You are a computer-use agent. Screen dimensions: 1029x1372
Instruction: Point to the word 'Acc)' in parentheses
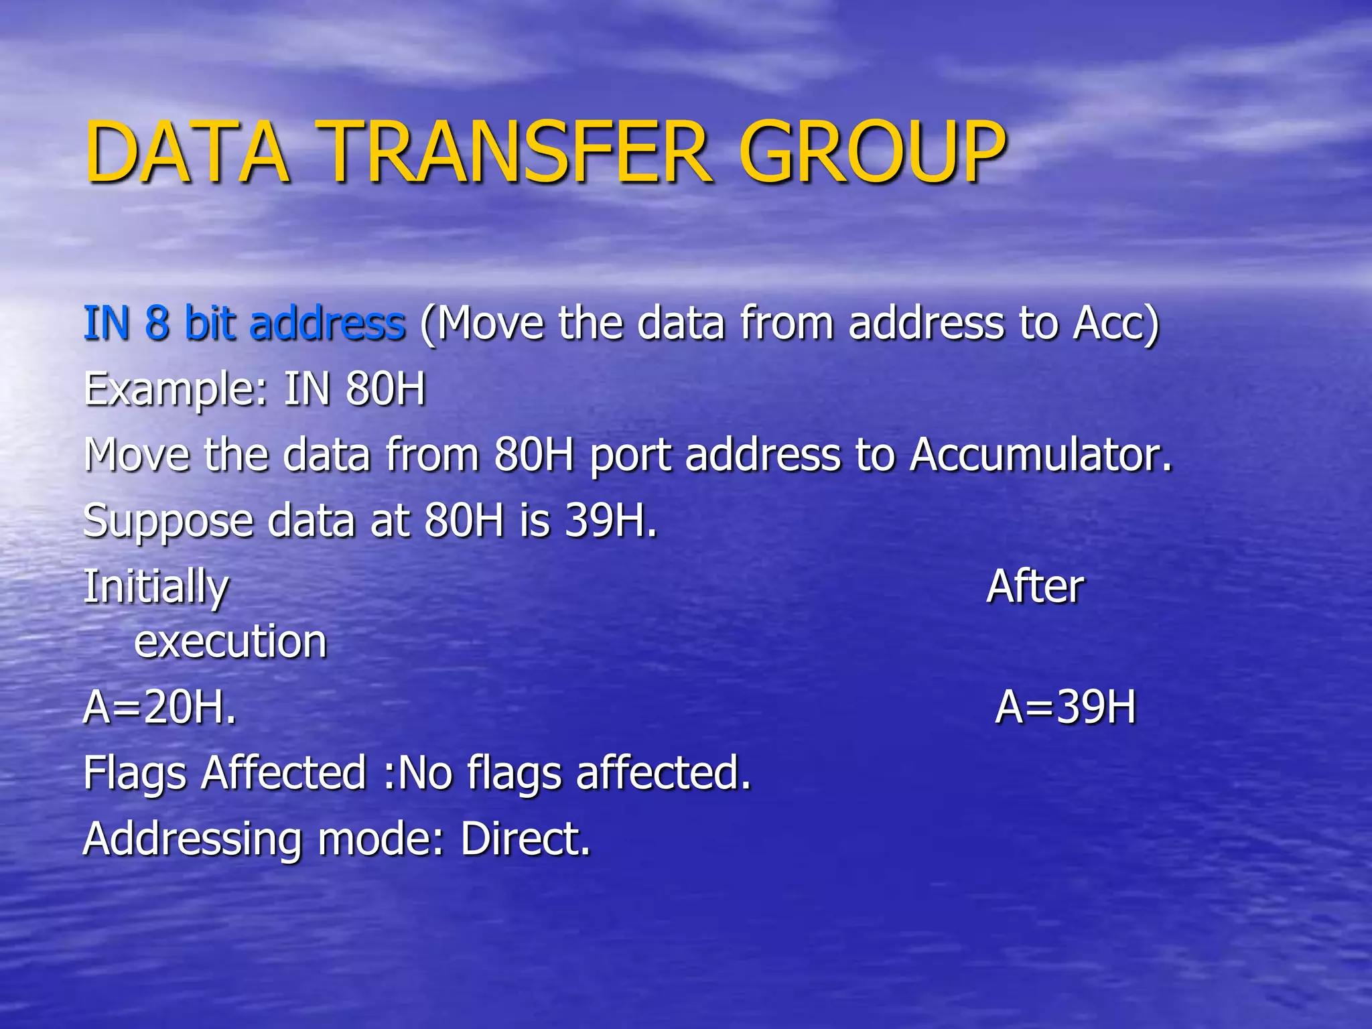[1115, 323]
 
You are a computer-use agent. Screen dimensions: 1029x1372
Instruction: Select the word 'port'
[630, 456]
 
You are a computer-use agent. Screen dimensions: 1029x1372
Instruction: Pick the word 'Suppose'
[168, 522]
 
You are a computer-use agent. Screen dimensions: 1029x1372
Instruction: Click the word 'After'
[1035, 586]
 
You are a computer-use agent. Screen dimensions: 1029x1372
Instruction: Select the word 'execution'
[230, 641]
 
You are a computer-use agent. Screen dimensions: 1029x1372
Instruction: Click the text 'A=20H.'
[160, 707]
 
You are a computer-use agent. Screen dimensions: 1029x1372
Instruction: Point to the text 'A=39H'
[1066, 707]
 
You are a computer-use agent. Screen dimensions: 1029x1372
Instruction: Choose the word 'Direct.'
[525, 838]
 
